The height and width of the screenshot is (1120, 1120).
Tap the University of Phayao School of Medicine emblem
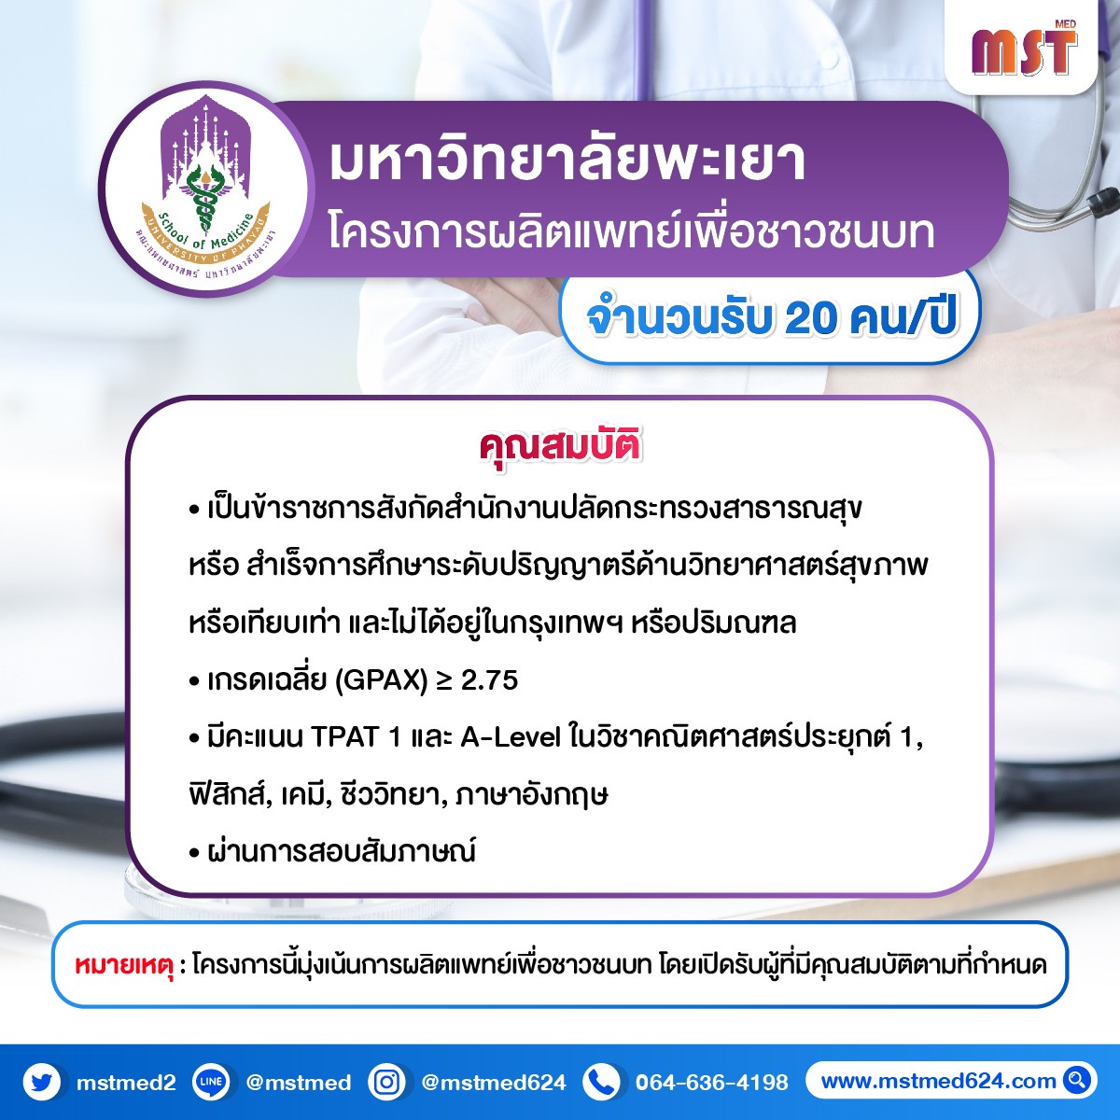pos(206,189)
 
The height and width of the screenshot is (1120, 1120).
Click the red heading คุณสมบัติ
pos(560,447)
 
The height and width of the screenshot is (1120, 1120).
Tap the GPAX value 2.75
pos(489,680)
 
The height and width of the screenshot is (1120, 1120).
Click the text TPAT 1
pos(355,738)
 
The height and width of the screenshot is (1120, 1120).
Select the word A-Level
pos(511,738)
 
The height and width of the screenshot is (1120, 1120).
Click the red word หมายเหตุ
pos(124,965)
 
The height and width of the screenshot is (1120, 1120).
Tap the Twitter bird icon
pos(42,1083)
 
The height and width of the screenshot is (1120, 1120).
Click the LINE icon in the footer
pos(210,1083)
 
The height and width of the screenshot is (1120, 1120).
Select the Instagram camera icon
pos(386,1083)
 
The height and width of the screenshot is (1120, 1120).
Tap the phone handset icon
pos(602,1083)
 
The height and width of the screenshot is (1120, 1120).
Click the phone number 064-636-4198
pos(712,1083)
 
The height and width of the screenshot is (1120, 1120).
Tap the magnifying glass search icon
pos(1076,1081)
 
